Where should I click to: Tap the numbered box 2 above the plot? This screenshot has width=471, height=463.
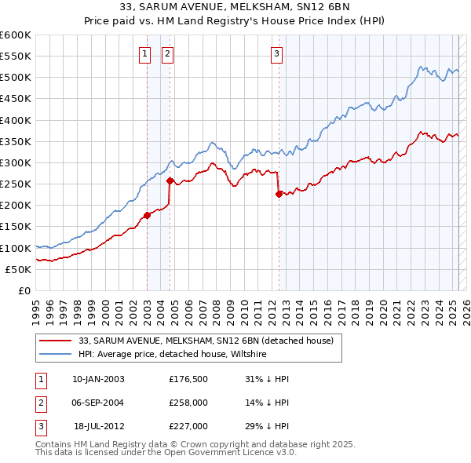tap(168, 54)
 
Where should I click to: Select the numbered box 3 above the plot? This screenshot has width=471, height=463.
tap(277, 54)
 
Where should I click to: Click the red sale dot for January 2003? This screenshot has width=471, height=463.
tap(147, 215)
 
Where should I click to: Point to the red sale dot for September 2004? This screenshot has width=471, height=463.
tap(170, 180)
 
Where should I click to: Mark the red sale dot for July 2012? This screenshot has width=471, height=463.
tap(279, 194)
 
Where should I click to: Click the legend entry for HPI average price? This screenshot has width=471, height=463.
tap(173, 355)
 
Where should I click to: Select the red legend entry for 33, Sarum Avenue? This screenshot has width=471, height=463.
tap(206, 341)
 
